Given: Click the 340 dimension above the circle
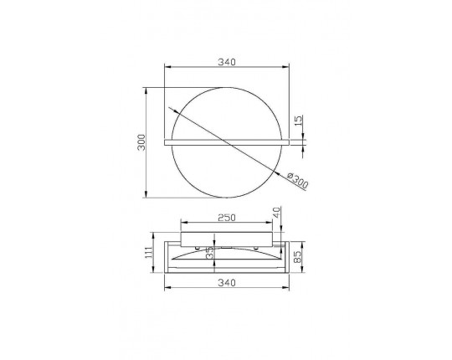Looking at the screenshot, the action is (x=227, y=62).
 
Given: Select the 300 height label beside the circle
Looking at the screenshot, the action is (x=141, y=142).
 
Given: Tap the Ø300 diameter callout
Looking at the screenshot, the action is (x=298, y=180).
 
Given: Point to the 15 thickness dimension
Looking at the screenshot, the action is (x=299, y=121).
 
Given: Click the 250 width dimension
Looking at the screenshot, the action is (x=227, y=218).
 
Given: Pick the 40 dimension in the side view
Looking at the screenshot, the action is (x=276, y=213).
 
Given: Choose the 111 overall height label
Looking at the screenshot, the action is (x=149, y=253).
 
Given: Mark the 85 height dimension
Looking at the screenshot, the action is (x=297, y=256).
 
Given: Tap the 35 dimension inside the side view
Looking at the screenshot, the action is (x=210, y=253).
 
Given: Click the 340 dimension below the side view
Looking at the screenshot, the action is (x=227, y=283).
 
